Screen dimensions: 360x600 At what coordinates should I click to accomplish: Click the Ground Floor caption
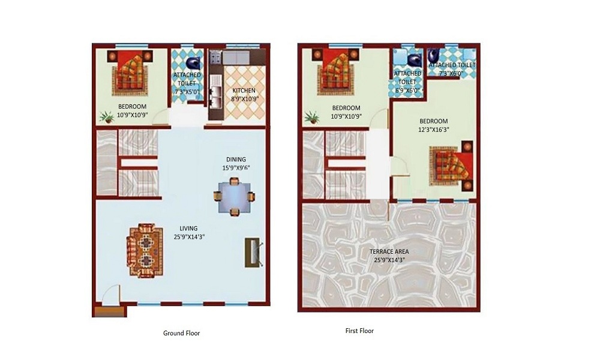[x=182, y=333]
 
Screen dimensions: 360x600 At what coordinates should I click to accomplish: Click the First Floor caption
[x=359, y=331]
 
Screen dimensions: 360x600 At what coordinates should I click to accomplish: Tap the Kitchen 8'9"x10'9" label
[x=244, y=95]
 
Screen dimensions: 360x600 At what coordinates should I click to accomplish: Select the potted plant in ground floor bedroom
[x=108, y=117]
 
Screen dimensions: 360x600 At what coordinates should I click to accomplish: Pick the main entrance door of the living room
[x=110, y=298]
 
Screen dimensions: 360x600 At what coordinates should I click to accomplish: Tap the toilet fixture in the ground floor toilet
[x=193, y=62]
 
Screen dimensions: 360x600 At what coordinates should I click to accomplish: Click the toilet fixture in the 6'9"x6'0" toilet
[x=413, y=60]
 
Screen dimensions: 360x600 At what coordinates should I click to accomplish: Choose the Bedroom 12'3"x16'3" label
[x=433, y=125]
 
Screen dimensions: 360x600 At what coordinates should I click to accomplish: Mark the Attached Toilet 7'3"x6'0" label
[x=452, y=68]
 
